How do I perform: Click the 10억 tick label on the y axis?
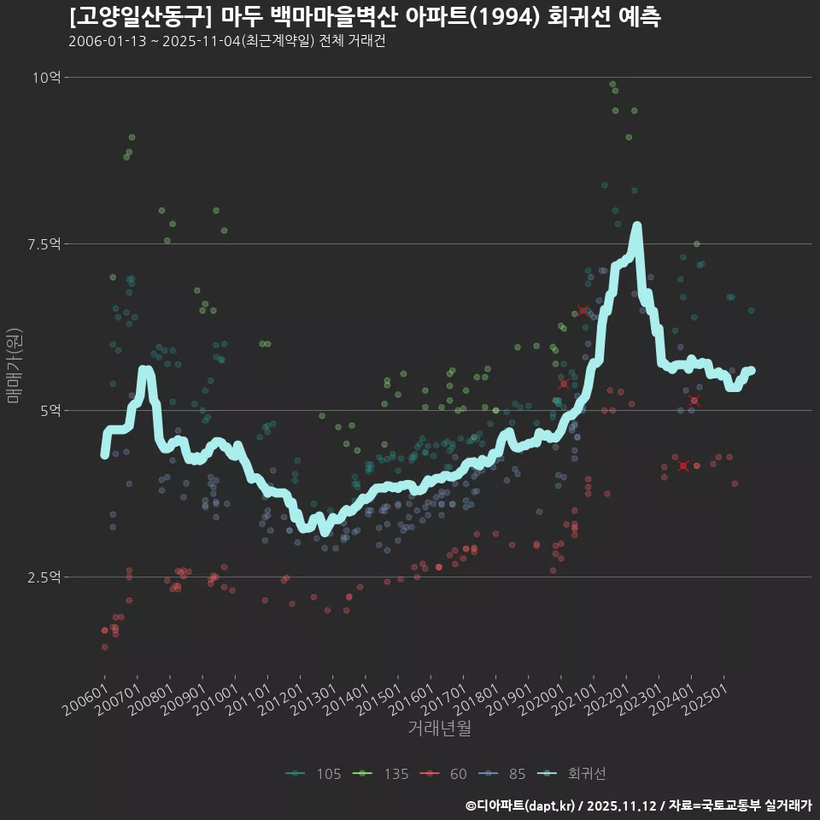tap(46, 78)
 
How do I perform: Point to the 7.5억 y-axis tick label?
tap(44, 244)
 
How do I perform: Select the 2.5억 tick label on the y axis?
tap(44, 577)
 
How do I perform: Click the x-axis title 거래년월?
tap(439, 729)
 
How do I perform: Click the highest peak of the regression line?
tap(636, 226)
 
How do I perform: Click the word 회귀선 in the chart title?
tap(578, 17)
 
